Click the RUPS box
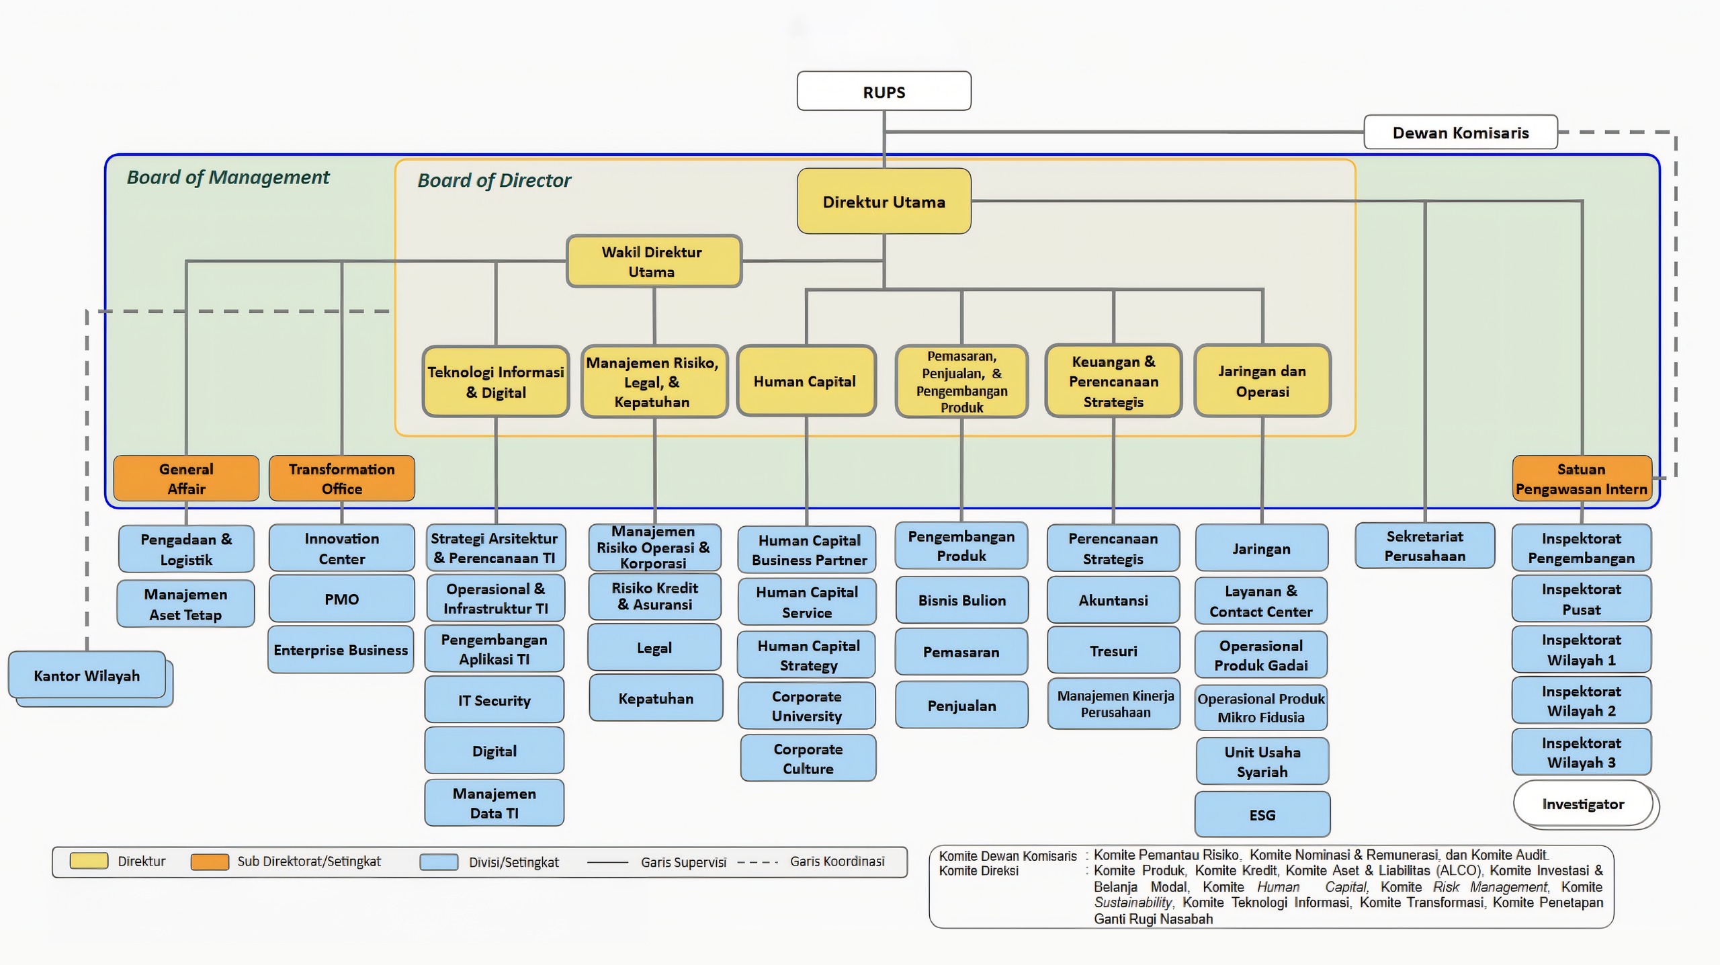[884, 91]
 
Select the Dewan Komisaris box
[1461, 132]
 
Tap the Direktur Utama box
[884, 201]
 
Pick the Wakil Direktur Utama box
[654, 261]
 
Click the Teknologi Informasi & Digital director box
[496, 381]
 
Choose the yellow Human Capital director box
[806, 381]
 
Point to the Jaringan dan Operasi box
[1262, 381]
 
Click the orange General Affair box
[186, 478]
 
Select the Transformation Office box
[342, 478]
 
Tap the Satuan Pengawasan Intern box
[1582, 478]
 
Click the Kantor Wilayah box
[87, 675]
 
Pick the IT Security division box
[494, 700]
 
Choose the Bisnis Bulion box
[961, 600]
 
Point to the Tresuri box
[1113, 651]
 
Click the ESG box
[1262, 814]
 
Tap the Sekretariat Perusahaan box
[1425, 546]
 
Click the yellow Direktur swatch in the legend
[89, 861]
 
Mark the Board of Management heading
[228, 177]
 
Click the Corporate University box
[806, 706]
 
